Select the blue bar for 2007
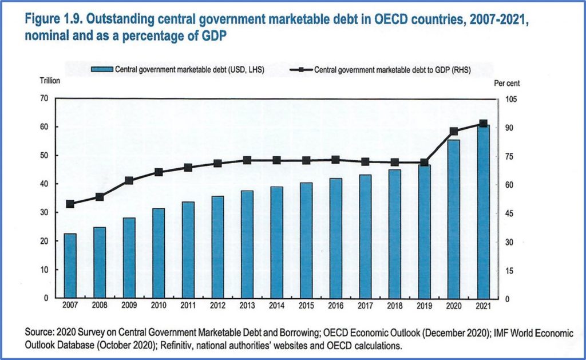click(70, 266)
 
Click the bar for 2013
click(247, 244)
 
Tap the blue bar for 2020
click(454, 219)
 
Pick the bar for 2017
click(365, 236)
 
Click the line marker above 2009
click(129, 180)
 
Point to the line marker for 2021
click(483, 124)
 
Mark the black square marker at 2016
click(335, 160)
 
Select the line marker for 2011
click(188, 168)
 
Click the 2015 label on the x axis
click(306, 306)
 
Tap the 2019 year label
click(424, 306)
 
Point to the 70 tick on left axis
click(44, 98)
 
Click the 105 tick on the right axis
click(511, 100)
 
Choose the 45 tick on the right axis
click(509, 214)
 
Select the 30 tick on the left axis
click(44, 213)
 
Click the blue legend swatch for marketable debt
click(102, 69)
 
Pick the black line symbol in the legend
click(301, 70)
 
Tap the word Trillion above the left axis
click(50, 81)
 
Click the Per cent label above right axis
click(506, 83)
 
